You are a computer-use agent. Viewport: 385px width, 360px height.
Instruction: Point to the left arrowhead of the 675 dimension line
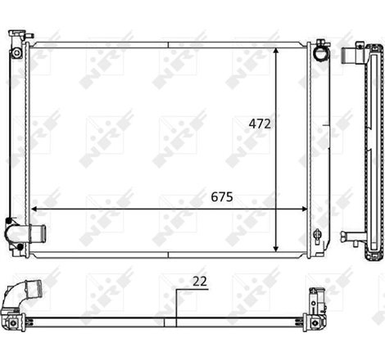[x=34, y=209]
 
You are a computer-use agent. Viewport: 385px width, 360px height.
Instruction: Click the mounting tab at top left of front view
[x=16, y=36]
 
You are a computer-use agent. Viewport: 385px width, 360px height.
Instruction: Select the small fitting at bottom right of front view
[x=318, y=235]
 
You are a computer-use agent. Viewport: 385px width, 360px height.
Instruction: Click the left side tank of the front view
[x=18, y=139]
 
